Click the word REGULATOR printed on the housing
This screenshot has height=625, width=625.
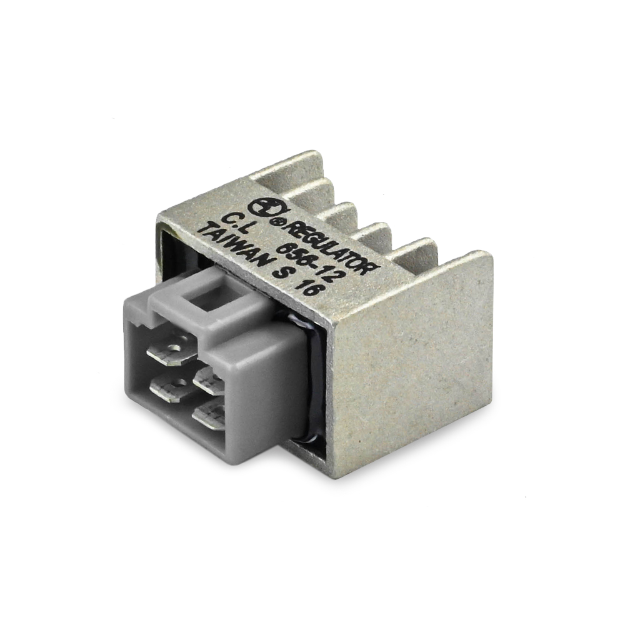[x=331, y=248]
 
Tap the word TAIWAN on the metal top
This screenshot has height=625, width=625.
[x=236, y=251]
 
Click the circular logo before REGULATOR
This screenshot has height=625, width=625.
[x=264, y=209]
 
